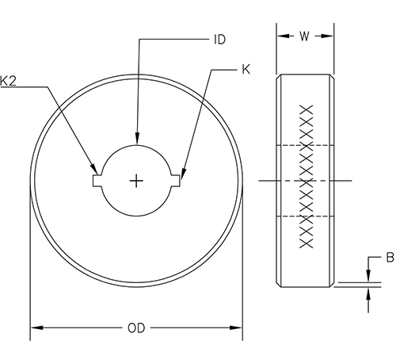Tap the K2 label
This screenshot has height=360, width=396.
pos(10,81)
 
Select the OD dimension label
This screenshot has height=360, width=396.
pos(136,327)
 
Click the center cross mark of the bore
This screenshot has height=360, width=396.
pos(137,181)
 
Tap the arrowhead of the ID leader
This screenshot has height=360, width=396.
pos(137,141)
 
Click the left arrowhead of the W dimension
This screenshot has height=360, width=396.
pos(280,34)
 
